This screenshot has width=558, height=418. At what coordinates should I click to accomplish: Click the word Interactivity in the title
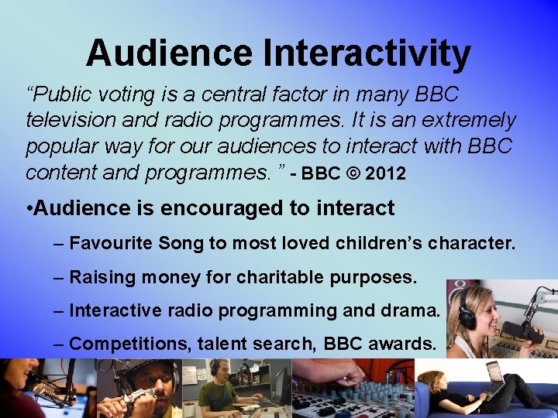tap(367, 54)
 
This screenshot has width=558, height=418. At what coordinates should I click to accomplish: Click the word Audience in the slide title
tap(169, 54)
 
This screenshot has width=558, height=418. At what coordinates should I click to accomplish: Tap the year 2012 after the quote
tap(385, 174)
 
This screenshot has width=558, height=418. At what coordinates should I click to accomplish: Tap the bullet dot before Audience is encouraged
tap(29, 209)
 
